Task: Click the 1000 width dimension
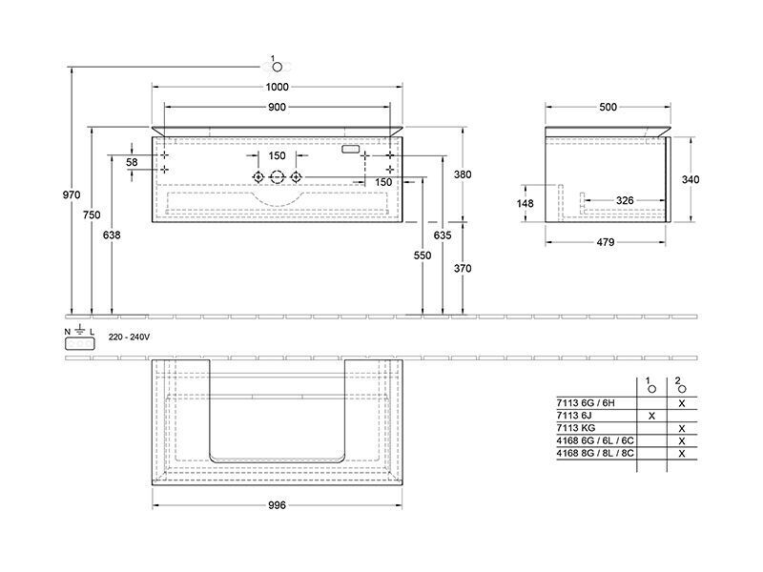277,87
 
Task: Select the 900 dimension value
277,107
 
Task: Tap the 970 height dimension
72,195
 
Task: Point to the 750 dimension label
92,215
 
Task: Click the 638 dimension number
112,235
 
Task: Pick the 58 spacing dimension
132,162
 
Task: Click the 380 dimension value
463,174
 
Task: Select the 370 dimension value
463,269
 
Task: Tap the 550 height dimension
423,255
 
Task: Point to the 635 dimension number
443,235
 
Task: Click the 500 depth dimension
608,107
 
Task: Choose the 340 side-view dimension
691,179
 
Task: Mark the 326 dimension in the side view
625,200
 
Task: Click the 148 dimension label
526,203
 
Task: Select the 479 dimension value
606,242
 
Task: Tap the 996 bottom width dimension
277,505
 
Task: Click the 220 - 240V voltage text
129,337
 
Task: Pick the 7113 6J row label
574,416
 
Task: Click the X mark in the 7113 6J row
652,416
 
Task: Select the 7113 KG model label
576,428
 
